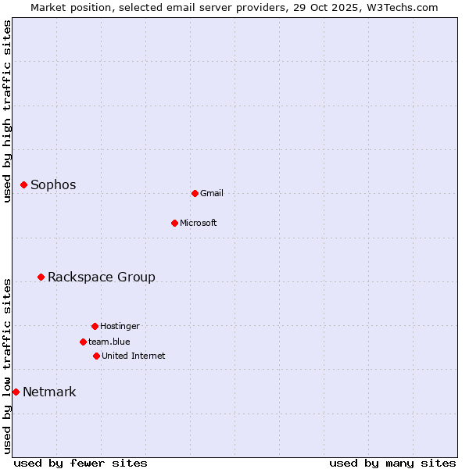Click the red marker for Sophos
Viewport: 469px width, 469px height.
(x=24, y=184)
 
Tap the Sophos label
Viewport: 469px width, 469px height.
(x=53, y=185)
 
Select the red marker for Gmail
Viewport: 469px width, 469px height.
(x=195, y=193)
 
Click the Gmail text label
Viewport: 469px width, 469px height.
(x=212, y=194)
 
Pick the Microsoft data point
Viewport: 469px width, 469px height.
(x=174, y=223)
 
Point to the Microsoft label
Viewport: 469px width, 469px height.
(x=199, y=224)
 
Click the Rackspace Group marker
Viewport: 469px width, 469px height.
(x=41, y=277)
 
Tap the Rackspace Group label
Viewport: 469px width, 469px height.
(x=102, y=277)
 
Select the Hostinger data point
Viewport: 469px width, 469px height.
(x=95, y=326)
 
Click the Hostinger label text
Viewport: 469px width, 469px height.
(x=120, y=327)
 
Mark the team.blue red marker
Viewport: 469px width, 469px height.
(x=83, y=342)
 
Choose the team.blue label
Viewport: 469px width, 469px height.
(x=109, y=342)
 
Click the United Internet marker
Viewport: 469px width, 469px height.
(x=96, y=356)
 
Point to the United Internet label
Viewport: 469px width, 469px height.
(x=134, y=356)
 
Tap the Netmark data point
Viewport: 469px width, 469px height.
(x=16, y=392)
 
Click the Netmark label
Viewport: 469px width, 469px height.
(x=49, y=392)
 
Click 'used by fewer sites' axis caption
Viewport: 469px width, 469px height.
(x=81, y=463)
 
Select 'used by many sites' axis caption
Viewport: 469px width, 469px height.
(x=392, y=463)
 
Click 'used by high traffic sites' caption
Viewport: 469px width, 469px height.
(x=7, y=111)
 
